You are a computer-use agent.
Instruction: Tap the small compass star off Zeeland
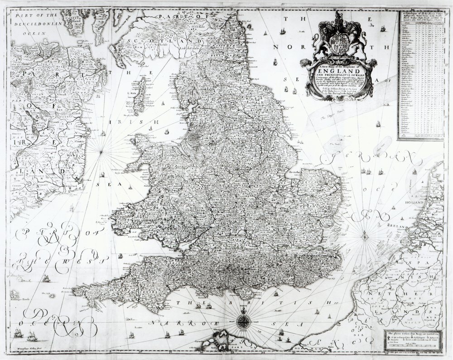click(x=365, y=234)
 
